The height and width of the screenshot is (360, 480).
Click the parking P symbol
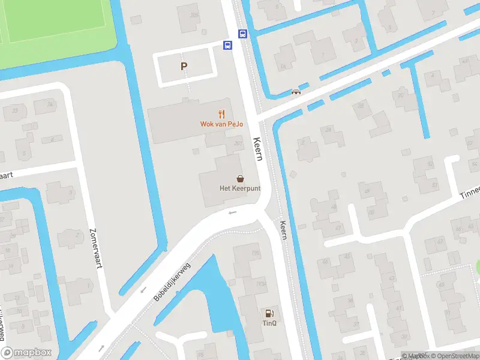tap(184, 67)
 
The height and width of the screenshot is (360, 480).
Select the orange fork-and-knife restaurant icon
tap(221, 113)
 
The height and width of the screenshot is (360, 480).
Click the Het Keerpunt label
tap(239, 188)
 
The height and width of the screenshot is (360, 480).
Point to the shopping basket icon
tap(240, 178)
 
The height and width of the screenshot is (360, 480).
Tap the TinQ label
tap(269, 324)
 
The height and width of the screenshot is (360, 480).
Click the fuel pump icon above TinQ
tap(269, 313)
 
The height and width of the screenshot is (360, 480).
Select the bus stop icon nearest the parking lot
tap(227, 45)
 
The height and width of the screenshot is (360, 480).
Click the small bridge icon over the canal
tap(296, 92)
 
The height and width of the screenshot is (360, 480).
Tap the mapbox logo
tap(26, 353)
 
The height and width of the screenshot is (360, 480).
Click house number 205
tap(193, 14)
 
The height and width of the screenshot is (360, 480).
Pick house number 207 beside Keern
tap(238, 143)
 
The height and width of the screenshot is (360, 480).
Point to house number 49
tap(366, 192)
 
